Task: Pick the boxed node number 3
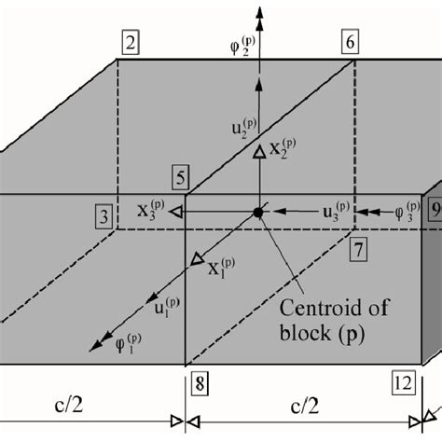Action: [x=104, y=216]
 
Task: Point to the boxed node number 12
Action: [x=403, y=384]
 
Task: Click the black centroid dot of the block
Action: [x=257, y=214]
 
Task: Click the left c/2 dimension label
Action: [x=84, y=407]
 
